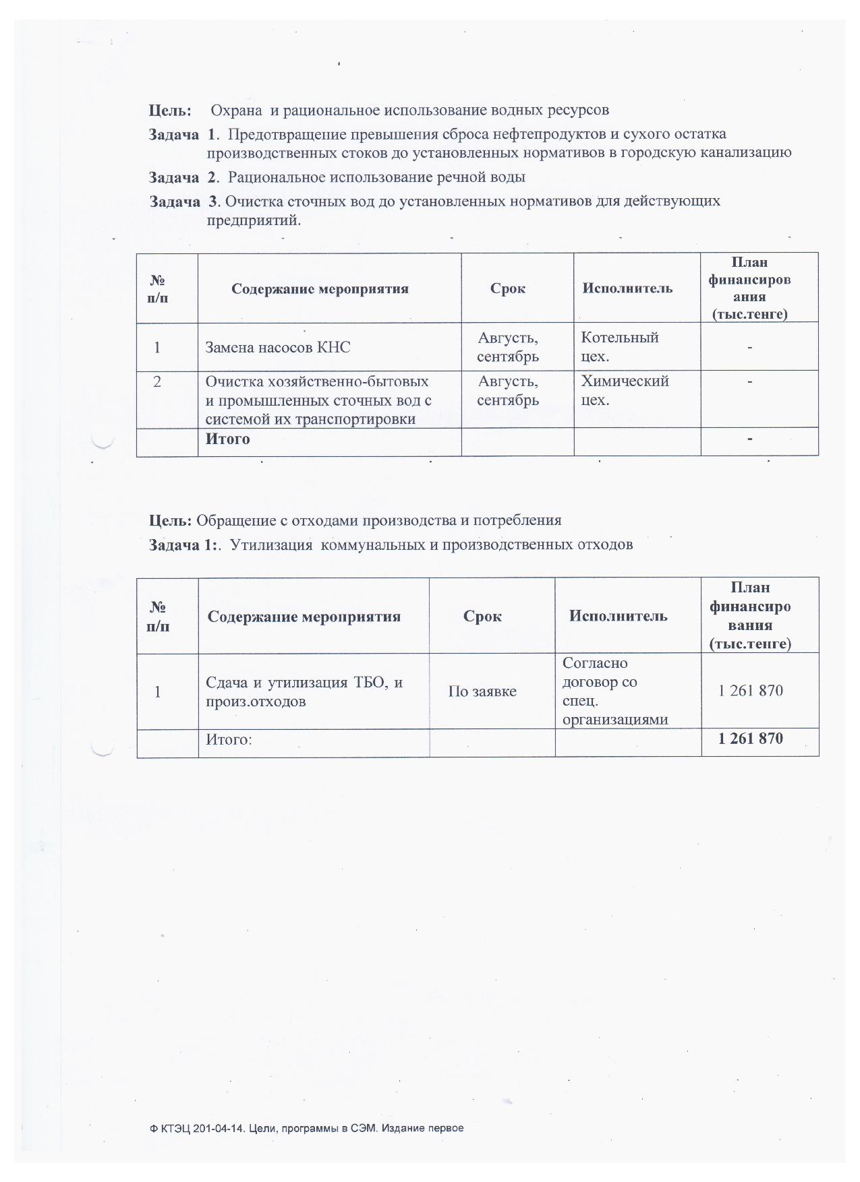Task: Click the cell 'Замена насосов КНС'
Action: tap(278, 348)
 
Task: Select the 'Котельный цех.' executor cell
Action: tap(619, 346)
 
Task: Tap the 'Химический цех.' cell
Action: tap(625, 390)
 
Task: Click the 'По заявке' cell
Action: tap(482, 691)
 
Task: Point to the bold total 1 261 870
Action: tap(750, 739)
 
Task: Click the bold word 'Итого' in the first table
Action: tap(227, 439)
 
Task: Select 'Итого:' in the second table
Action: tap(229, 739)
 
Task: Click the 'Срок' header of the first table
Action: tap(507, 288)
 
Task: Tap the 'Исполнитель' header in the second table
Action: tap(618, 616)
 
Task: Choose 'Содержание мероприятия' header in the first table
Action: tap(320, 289)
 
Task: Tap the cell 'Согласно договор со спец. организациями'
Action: tap(614, 691)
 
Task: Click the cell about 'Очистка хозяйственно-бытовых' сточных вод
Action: tap(318, 400)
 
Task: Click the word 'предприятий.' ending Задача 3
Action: tap(253, 220)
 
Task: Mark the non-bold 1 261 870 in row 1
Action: tap(750, 691)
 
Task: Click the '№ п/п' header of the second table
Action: tap(158, 616)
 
